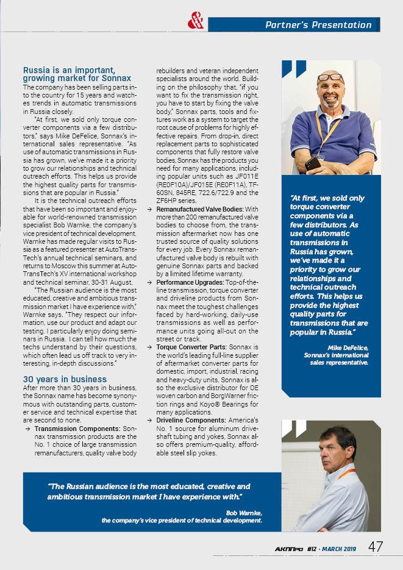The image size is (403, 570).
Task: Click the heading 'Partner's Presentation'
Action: pyautogui.click(x=318, y=25)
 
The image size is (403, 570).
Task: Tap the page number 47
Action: pyautogui.click(x=376, y=546)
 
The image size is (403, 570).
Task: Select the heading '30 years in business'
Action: pyautogui.click(x=65, y=379)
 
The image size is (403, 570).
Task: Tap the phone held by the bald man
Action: pyautogui.click(x=313, y=163)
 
